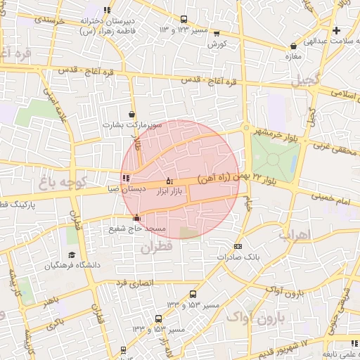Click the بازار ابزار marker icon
click(169, 181)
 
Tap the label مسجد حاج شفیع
click(136, 228)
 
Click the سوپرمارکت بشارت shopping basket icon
click(131, 114)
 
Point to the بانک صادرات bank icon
click(238, 246)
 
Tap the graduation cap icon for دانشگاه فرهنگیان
click(71, 255)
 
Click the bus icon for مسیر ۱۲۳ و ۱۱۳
click(184, 20)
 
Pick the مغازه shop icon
click(292, 46)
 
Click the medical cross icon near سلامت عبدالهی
click(337, 30)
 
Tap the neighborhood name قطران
click(155, 247)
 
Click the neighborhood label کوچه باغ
click(63, 184)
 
